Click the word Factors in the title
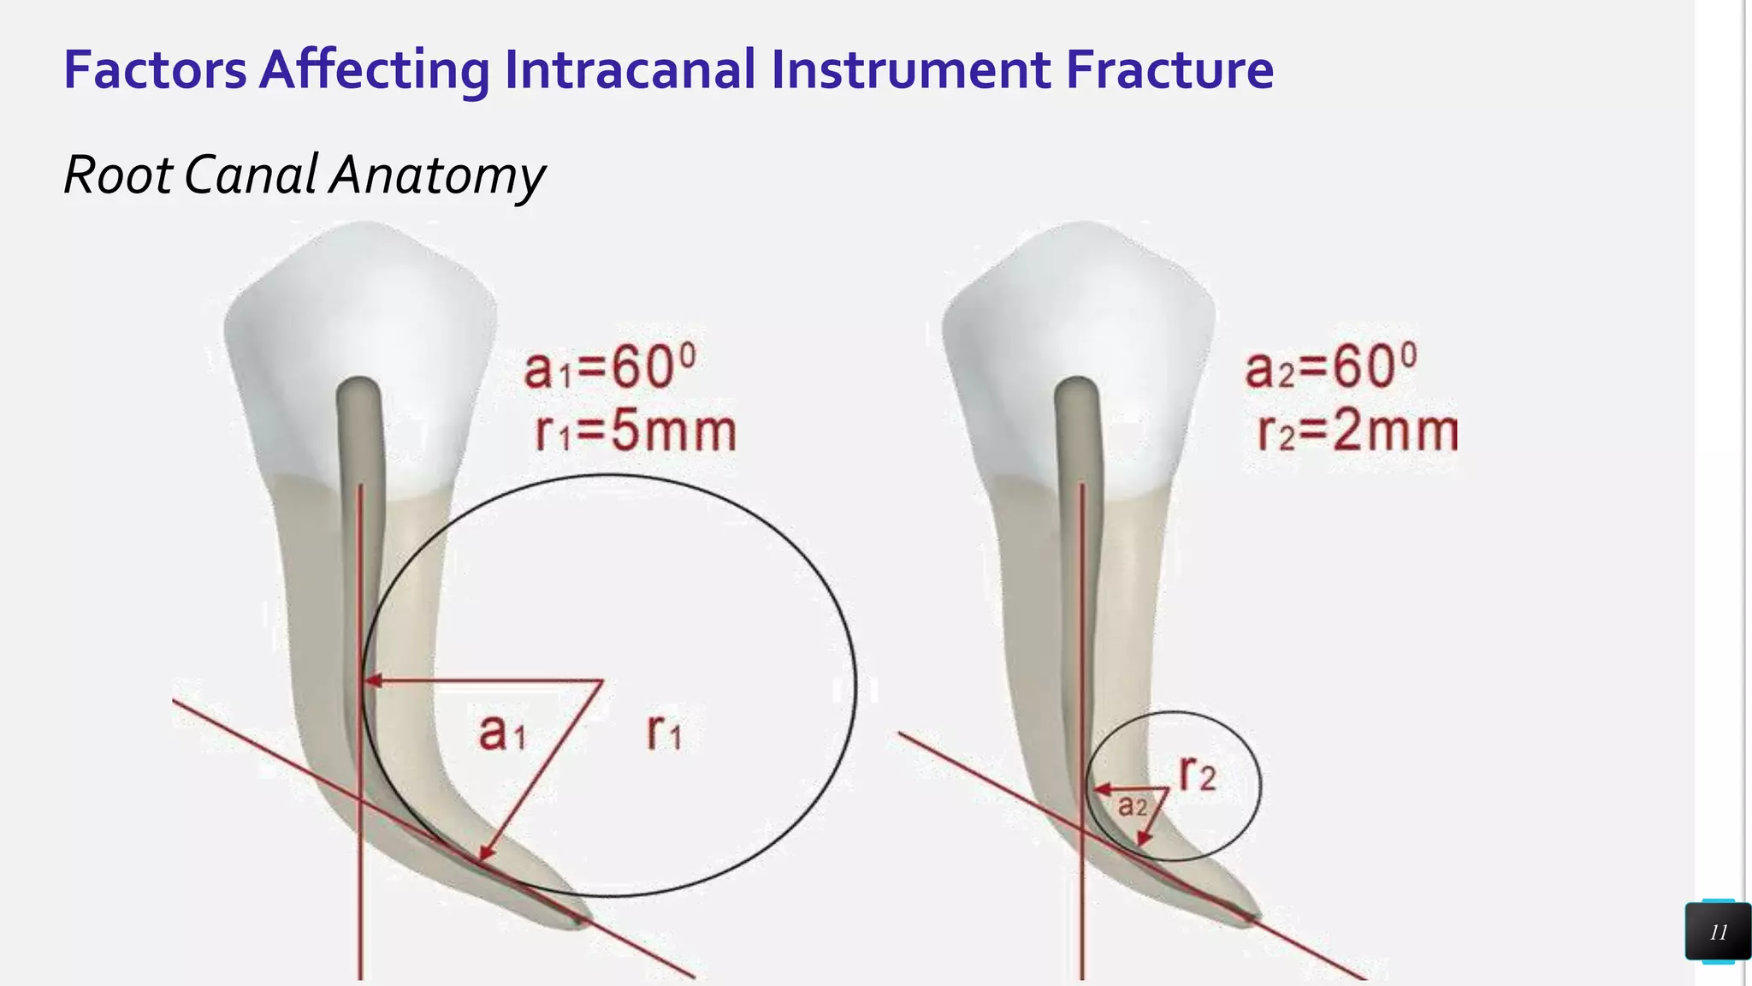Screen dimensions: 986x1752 [x=155, y=70]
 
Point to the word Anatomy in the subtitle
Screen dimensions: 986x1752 [x=437, y=176]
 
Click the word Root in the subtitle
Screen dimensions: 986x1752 [x=118, y=176]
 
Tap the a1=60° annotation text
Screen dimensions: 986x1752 [x=610, y=368]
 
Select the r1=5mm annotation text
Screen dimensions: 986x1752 [x=636, y=431]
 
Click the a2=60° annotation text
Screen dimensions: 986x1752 [x=1330, y=368]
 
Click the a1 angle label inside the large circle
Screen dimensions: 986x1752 [x=501, y=734]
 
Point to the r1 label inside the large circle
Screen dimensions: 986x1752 [x=665, y=734]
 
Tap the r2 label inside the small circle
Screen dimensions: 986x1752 [x=1197, y=774]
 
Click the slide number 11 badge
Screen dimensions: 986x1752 [x=1718, y=932]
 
